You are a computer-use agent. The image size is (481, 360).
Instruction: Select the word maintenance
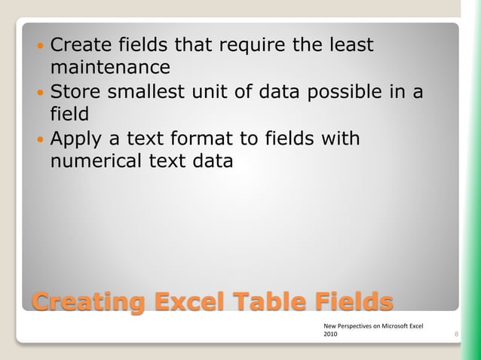point(110,68)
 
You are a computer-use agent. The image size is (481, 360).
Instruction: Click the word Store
point(75,93)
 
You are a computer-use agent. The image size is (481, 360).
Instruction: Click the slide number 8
point(458,332)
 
